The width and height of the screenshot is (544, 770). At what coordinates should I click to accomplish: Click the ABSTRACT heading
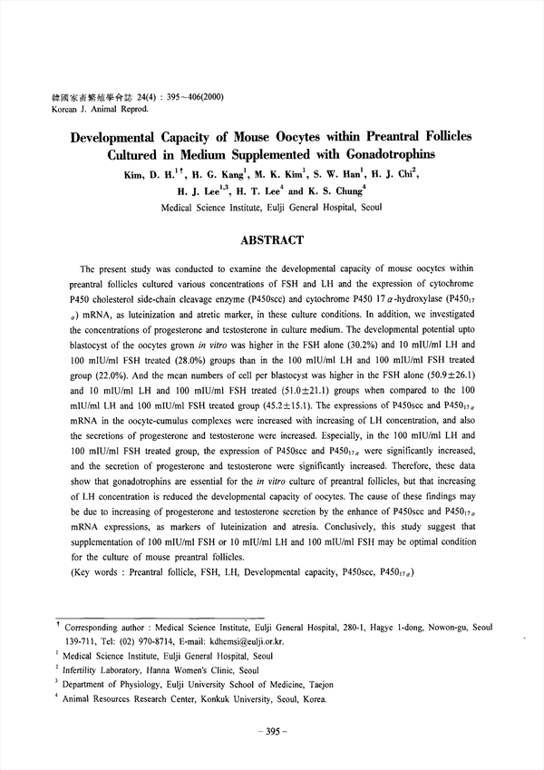click(272, 241)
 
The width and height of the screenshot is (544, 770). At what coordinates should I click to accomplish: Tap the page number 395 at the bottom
click(272, 731)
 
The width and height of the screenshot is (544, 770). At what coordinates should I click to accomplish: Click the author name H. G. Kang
click(214, 176)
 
